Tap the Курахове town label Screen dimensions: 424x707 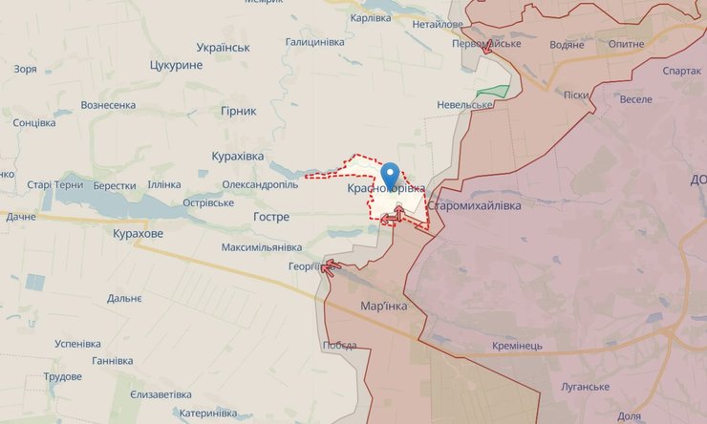pyautogui.click(x=138, y=233)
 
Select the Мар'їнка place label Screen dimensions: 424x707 pyautogui.click(x=384, y=306)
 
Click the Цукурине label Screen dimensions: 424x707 pyautogui.click(x=177, y=65)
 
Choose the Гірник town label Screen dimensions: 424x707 pyautogui.click(x=238, y=111)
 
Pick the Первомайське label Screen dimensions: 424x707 pyautogui.click(x=486, y=44)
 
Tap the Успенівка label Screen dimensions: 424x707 pyautogui.click(x=77, y=343)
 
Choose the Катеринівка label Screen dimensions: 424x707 pyautogui.click(x=207, y=413)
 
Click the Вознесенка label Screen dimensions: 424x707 pyautogui.click(x=108, y=105)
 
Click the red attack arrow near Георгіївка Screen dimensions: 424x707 pyautogui.click(x=331, y=266)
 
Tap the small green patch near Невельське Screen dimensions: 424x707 pyautogui.click(x=493, y=92)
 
